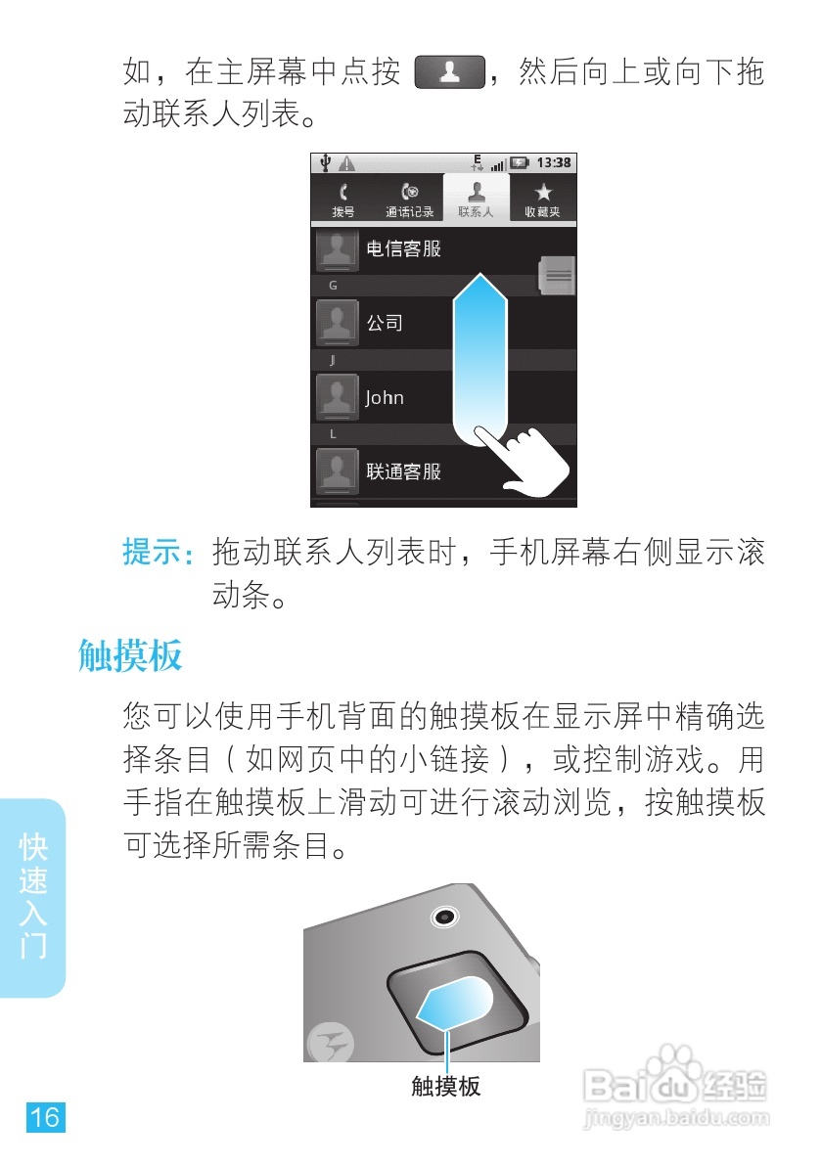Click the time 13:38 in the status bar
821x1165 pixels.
pyautogui.click(x=554, y=162)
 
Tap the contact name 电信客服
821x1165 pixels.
pyautogui.click(x=403, y=248)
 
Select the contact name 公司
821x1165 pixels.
pyautogui.click(x=385, y=323)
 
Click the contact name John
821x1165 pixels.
pyautogui.click(x=385, y=398)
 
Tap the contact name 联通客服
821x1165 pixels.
pyautogui.click(x=403, y=471)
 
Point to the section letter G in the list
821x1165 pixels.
pyautogui.click(x=333, y=286)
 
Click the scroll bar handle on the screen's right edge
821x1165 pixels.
pyautogui.click(x=558, y=275)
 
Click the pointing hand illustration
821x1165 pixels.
pyautogui.click(x=522, y=460)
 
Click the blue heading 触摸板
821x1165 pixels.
pyautogui.click(x=130, y=656)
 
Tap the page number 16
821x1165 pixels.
pyautogui.click(x=45, y=1116)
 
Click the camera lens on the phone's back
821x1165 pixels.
pyautogui.click(x=445, y=917)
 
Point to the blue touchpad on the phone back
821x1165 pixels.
pyautogui.click(x=456, y=1004)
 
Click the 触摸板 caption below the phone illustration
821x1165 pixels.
pyautogui.click(x=445, y=1086)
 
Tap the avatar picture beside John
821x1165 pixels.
pyautogui.click(x=337, y=398)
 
